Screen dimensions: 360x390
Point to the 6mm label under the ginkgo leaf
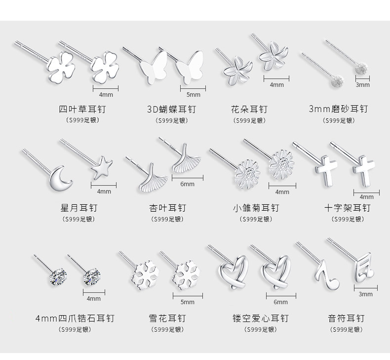(x=187, y=184)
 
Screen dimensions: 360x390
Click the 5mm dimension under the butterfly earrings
(x=194, y=94)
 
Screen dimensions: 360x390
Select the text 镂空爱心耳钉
(x=260, y=318)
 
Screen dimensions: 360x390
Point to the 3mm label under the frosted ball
(x=363, y=85)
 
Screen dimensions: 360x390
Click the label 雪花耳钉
(x=167, y=318)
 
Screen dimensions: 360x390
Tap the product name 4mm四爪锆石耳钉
(x=78, y=318)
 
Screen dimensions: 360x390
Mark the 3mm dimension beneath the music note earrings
(x=366, y=294)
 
